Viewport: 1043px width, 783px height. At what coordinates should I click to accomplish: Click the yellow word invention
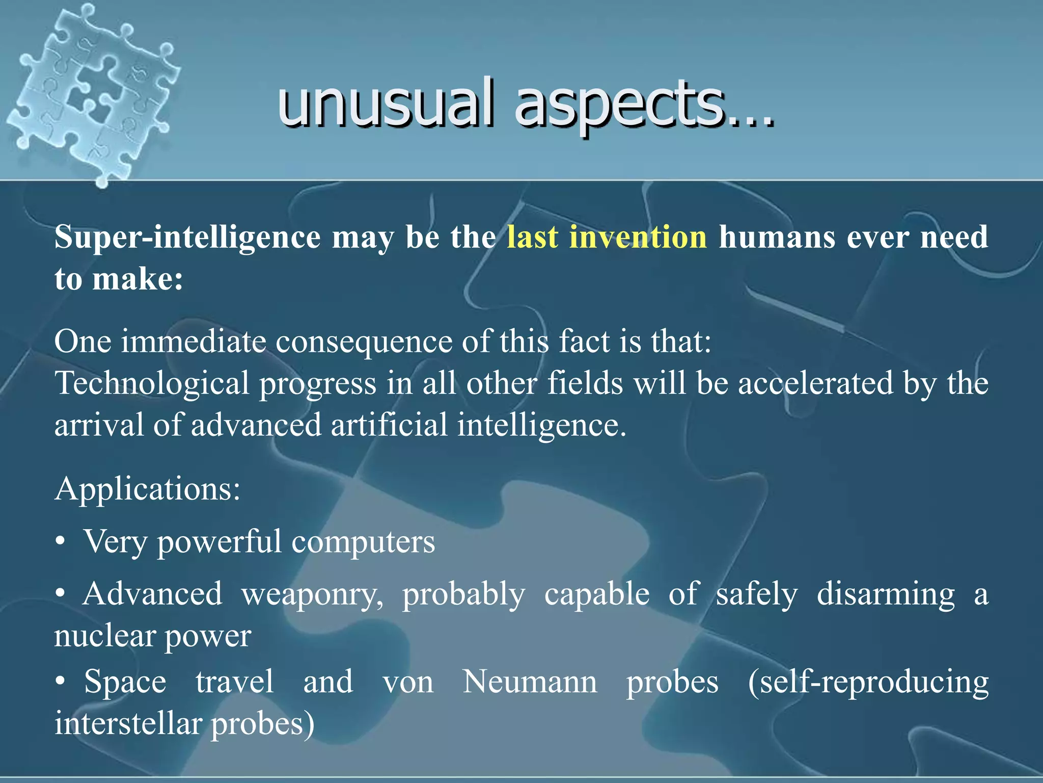(638, 237)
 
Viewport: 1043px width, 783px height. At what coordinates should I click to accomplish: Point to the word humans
(777, 237)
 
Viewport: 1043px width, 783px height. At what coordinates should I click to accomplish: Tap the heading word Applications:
(147, 489)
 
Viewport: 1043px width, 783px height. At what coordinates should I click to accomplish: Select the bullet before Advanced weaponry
(61, 594)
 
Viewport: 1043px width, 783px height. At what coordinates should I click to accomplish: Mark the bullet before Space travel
(61, 682)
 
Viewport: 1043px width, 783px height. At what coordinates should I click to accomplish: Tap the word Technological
(151, 383)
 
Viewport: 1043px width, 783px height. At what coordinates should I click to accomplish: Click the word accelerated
(815, 383)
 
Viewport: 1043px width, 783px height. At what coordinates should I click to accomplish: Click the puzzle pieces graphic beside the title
(92, 92)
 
